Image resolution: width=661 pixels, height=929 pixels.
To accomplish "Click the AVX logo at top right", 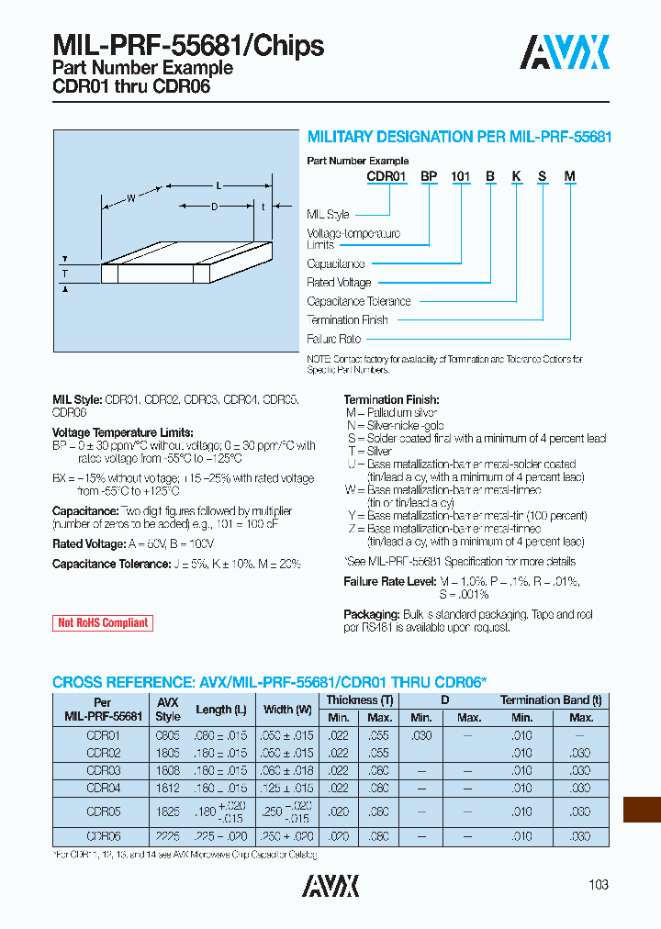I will tap(565, 53).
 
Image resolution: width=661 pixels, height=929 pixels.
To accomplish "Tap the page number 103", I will tap(598, 885).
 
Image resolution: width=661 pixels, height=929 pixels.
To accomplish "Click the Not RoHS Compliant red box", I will tap(103, 622).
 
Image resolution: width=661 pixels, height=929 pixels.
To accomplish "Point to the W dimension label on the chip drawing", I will tap(131, 197).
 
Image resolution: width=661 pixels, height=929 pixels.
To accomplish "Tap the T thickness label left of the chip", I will tap(65, 274).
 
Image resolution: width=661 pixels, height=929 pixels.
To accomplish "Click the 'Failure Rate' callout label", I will tap(333, 339).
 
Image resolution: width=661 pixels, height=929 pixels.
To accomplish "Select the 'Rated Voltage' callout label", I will tap(339, 283).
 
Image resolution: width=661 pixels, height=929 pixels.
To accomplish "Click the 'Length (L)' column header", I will tap(220, 709).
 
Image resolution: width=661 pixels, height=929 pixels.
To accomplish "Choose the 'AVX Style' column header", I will tap(168, 709).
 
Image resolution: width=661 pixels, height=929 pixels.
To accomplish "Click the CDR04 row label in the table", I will tap(103, 788).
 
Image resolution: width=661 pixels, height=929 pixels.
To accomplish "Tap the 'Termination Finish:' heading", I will tap(391, 400).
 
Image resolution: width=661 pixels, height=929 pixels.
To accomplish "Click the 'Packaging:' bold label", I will tap(370, 614).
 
